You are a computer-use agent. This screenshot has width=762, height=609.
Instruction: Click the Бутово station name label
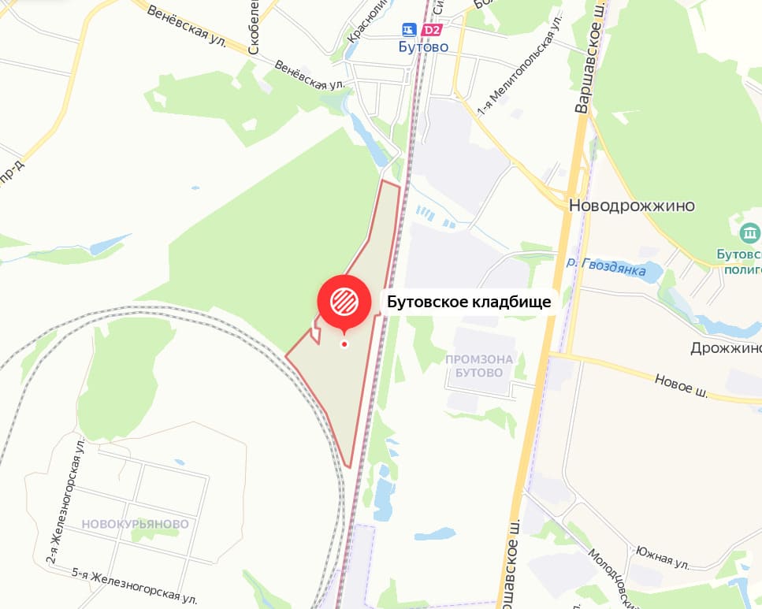424,47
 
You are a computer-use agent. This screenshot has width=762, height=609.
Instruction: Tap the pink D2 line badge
433,30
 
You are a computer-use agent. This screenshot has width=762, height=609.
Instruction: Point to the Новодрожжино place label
633,206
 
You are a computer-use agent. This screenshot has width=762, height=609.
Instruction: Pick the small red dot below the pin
344,344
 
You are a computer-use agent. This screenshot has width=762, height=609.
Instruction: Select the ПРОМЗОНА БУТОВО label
479,366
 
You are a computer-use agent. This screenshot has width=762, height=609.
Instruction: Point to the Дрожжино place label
726,348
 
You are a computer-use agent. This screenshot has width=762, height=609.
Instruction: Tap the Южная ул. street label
663,559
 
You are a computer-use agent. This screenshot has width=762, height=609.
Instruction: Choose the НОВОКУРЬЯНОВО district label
135,524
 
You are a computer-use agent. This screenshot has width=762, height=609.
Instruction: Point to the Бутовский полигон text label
738,262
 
